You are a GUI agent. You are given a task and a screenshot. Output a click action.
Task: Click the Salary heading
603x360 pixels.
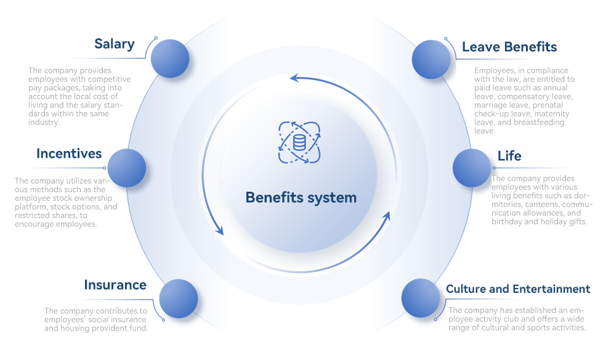tap(114, 44)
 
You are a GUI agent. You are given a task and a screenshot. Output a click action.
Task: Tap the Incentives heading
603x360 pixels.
tap(69, 153)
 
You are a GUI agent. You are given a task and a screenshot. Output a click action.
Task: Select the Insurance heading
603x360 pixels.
tap(115, 285)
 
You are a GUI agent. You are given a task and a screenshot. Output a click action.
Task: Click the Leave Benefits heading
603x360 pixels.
tap(509, 47)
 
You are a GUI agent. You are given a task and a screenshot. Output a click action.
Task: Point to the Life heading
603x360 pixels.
tap(509, 156)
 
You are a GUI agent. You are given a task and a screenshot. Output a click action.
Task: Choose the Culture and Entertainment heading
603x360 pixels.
tap(518, 289)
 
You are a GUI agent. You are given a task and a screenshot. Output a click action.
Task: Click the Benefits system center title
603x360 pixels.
tap(301, 198)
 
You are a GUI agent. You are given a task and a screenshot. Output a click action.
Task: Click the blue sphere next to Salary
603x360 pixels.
tap(170, 59)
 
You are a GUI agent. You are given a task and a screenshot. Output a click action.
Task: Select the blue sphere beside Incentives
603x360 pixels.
tap(127, 168)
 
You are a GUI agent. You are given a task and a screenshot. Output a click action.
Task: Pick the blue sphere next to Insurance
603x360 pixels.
tap(178, 298)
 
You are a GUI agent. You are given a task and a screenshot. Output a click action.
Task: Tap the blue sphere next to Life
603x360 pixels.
tap(472, 167)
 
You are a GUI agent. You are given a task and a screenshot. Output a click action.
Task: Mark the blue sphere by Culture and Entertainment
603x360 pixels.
tap(421, 298)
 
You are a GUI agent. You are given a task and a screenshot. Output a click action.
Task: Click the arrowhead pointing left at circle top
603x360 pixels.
tap(294, 78)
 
